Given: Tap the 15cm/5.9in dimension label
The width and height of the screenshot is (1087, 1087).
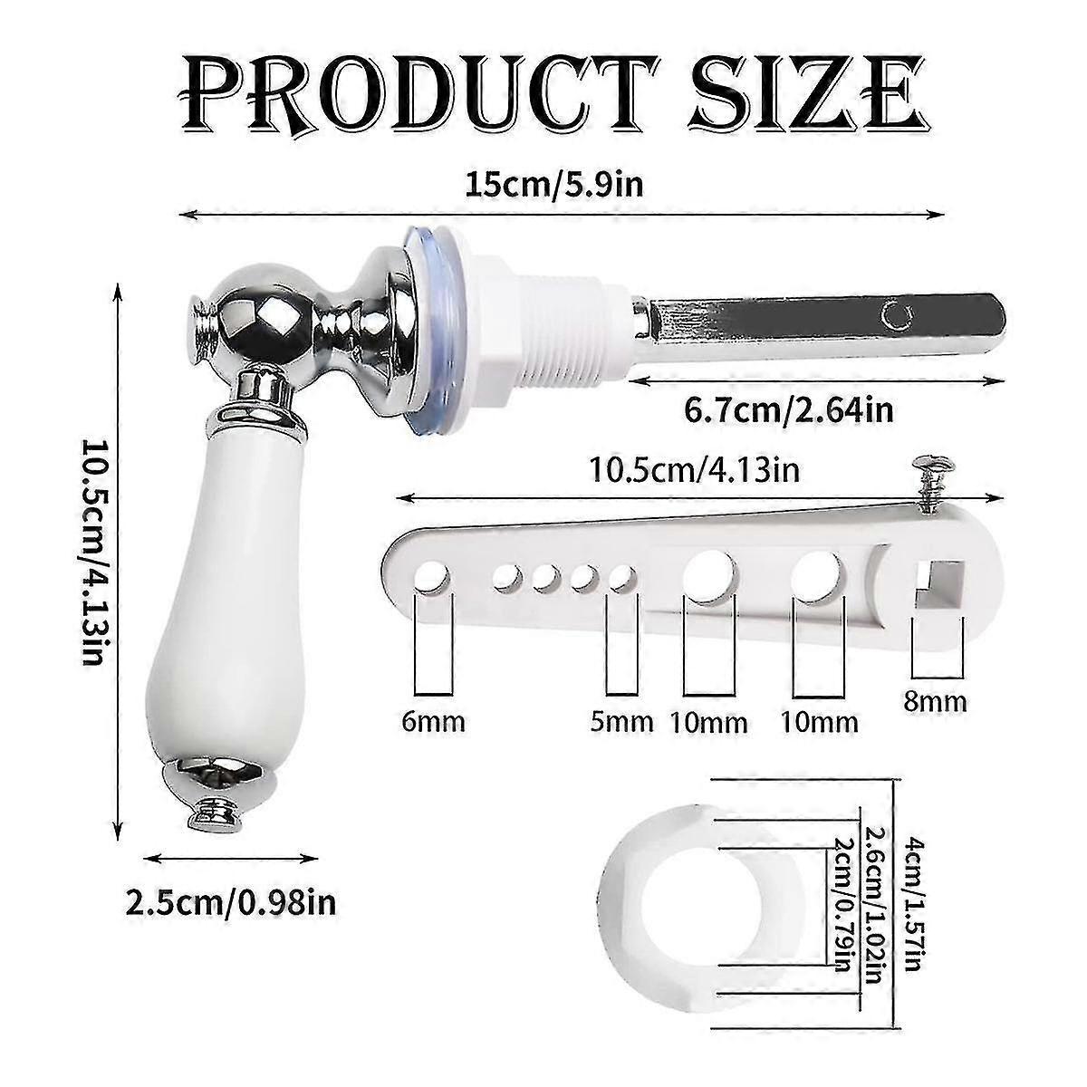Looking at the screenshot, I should [554, 184].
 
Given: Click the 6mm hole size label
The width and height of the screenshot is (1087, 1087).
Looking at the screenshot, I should [433, 722].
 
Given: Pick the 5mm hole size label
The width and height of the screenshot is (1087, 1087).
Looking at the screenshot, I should [621, 722].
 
